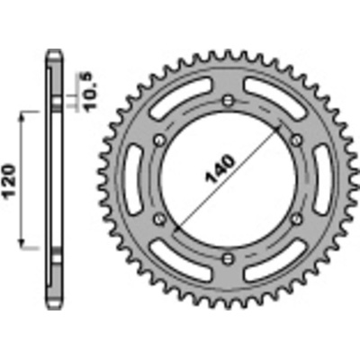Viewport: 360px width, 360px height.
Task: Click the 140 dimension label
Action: pyautogui.click(x=220, y=168)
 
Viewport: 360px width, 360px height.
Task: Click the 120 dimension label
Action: pyautogui.click(x=10, y=181)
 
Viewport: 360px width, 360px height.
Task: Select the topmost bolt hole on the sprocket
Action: pyautogui.click(x=228, y=101)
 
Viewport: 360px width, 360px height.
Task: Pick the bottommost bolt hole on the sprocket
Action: pyautogui.click(x=228, y=258)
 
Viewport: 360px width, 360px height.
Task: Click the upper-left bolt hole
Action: pyautogui.click(x=159, y=139)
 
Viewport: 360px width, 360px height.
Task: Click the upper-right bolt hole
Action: pyautogui.click(x=296, y=139)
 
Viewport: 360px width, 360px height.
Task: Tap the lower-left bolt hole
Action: pyautogui.click(x=159, y=219)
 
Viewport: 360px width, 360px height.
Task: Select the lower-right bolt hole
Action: pyautogui.click(x=296, y=219)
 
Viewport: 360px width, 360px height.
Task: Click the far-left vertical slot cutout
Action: pyautogui.click(x=134, y=180)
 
